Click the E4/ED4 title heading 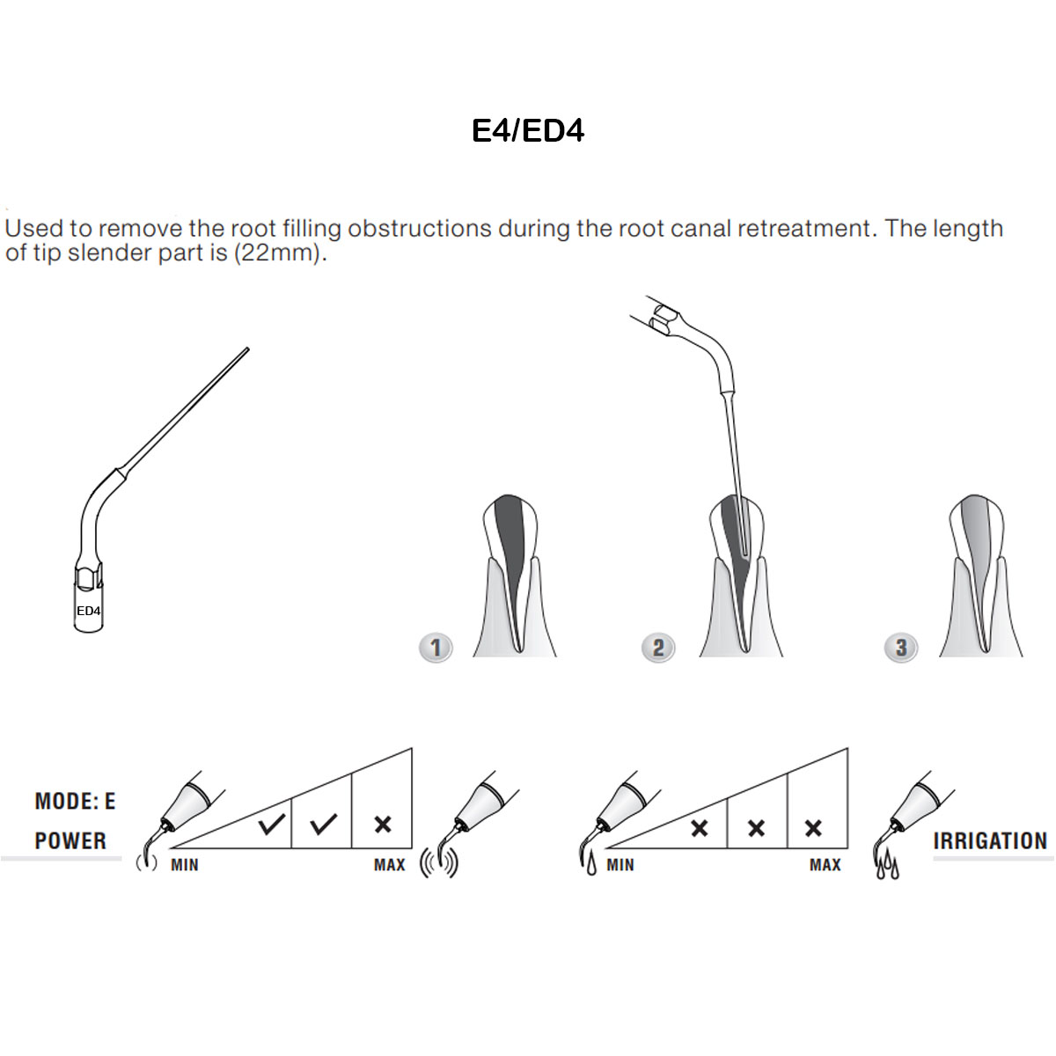528,130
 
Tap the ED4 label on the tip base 88,611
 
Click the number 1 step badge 436,648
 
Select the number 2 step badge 658,648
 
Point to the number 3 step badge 900,648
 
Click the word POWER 70,841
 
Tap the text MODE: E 75,802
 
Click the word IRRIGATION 990,841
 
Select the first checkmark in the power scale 272,825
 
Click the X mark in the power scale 383,825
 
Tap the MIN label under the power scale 185,865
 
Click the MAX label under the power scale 389,865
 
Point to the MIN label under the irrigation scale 620,865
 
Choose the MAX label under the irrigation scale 825,865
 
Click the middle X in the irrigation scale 756,828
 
